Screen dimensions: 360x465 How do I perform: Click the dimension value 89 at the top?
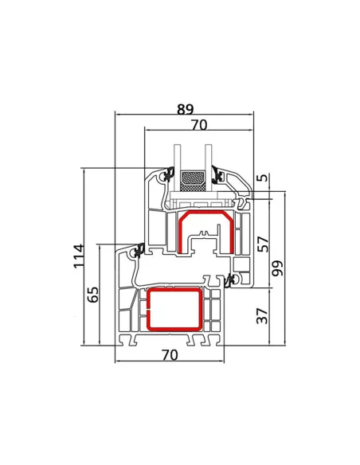(185, 109)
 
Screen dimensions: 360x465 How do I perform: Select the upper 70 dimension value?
(199, 125)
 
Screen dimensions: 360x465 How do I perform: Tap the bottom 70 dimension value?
(170, 354)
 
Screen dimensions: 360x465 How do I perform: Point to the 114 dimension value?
(79, 256)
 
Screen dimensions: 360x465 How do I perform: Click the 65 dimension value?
(93, 295)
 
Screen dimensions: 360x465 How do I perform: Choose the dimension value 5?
(262, 178)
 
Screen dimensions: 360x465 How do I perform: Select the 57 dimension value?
(263, 244)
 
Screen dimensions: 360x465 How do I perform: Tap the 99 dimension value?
(278, 268)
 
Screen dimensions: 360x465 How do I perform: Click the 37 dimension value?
(263, 316)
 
